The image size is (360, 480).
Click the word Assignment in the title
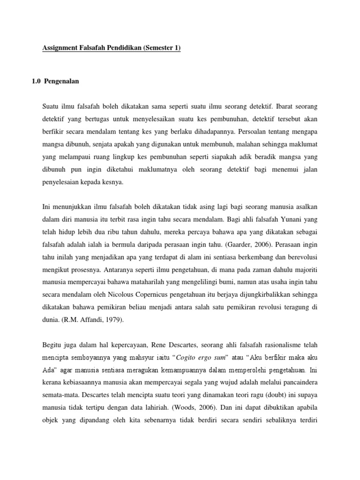tap(59, 48)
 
